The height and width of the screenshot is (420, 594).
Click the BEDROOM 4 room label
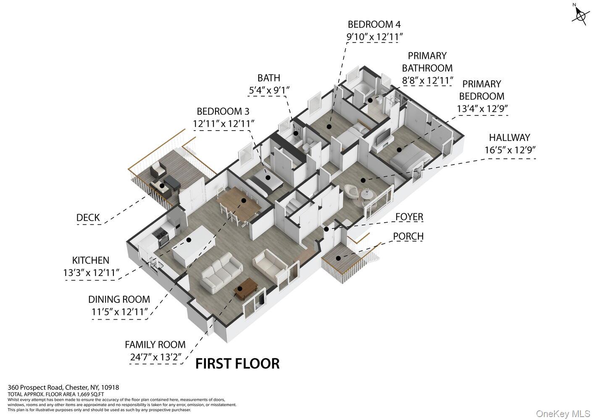374,24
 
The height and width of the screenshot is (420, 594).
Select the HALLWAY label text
510,138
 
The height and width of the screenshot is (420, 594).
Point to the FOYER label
409,217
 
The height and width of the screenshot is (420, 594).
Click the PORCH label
408,236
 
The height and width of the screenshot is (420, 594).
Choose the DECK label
88,218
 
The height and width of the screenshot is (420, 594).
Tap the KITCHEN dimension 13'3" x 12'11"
91,273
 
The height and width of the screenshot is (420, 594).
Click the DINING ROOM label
119,299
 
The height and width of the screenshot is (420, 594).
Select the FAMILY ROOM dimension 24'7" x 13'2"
156,357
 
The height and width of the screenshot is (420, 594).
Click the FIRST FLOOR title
237,364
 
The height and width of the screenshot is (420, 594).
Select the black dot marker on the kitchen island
189,240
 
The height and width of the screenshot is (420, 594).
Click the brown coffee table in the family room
246,289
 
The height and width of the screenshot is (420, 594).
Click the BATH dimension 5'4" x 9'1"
269,90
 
